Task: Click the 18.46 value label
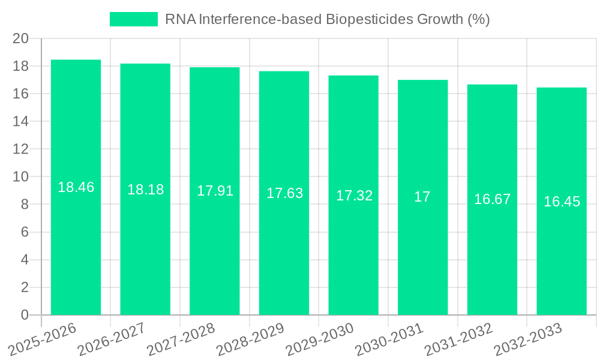[76, 187]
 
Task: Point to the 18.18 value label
[145, 190]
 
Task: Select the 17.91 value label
[215, 191]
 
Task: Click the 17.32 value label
[353, 196]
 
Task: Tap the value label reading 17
[422, 197]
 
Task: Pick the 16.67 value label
[492, 199]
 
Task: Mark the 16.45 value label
[562, 202]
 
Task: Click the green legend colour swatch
[133, 19]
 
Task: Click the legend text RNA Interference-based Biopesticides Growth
[327, 19]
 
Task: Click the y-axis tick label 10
[21, 177]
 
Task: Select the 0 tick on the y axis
[25, 315]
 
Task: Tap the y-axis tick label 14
[21, 121]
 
